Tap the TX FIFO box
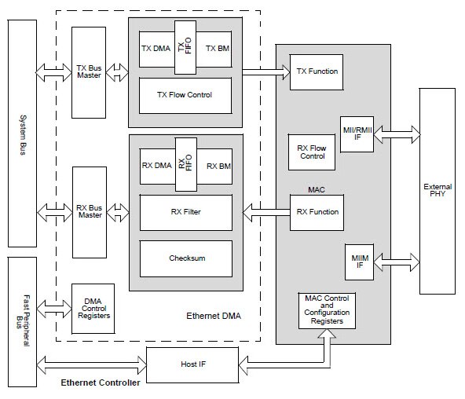[185, 47]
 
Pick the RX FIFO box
[185, 163]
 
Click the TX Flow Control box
[185, 96]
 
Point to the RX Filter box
[185, 211]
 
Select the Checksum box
[185, 258]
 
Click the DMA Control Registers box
[91, 309]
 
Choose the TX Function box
[317, 71]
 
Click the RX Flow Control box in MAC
[312, 151]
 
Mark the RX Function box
[317, 211]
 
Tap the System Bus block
[23, 134]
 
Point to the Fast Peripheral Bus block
[23, 322]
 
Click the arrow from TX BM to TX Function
[263, 72]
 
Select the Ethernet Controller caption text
[101, 383]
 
